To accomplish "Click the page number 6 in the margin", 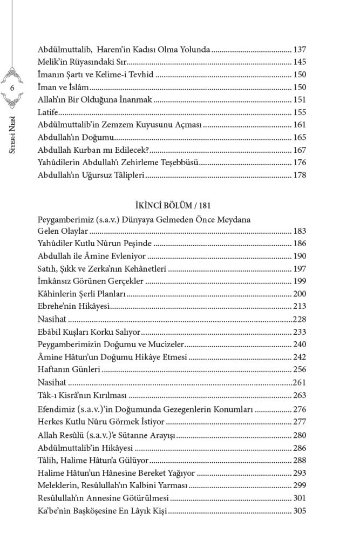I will point(12,87).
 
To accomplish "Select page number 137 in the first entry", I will point(300,50).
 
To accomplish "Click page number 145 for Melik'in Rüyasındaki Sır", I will point(300,62).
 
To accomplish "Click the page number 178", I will point(300,175).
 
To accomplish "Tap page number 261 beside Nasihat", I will point(300,382).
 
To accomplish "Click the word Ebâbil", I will point(50,332).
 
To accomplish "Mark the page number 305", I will point(300,510).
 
